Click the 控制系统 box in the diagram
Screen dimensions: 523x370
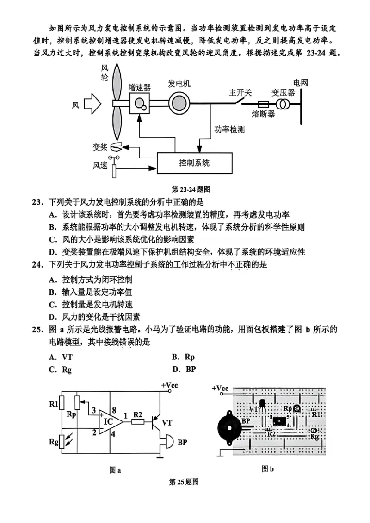coord(194,163)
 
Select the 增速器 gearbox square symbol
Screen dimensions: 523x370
coord(140,103)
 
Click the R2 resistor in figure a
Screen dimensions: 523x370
coord(138,421)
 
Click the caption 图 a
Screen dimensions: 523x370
coord(115,470)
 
